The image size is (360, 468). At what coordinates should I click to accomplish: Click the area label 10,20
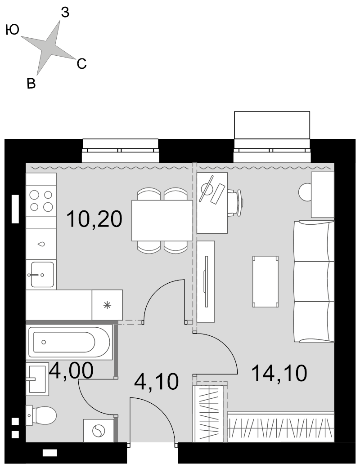tap(94, 219)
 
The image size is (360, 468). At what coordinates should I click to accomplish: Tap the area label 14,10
tap(279, 373)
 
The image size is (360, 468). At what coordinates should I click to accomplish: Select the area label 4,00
tap(72, 371)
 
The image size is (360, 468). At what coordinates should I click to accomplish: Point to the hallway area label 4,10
tap(156, 381)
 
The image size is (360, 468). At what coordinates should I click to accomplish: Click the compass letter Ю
tap(13, 30)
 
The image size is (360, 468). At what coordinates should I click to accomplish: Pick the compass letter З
tap(65, 13)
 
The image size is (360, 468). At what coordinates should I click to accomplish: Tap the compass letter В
tap(31, 84)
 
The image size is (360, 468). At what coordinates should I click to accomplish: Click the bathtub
tap(69, 342)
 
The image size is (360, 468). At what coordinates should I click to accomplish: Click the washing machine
tap(99, 430)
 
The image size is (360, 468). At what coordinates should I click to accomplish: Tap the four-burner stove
tap(41, 201)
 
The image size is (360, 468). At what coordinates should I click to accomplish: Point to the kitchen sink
tap(41, 274)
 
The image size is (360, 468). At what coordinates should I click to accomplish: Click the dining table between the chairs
tap(162, 221)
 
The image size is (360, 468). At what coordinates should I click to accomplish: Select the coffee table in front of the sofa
tap(265, 281)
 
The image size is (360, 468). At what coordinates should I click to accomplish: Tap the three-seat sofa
tap(314, 281)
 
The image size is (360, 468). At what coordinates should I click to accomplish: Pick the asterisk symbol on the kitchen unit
tap(107, 305)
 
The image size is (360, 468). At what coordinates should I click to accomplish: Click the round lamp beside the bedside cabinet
tap(306, 192)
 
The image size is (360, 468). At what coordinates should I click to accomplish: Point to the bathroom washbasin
tap(37, 379)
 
